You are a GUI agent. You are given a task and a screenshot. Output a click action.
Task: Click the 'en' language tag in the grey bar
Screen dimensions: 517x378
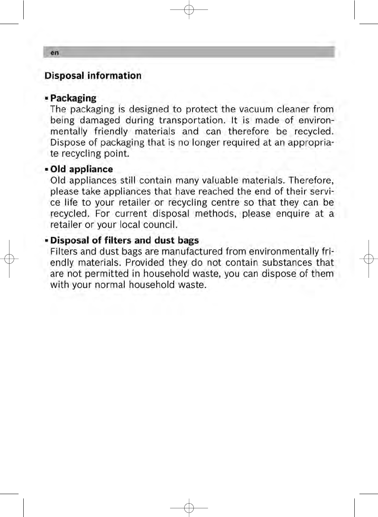click(x=54, y=52)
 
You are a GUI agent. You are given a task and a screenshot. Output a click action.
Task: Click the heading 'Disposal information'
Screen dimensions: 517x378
click(x=93, y=76)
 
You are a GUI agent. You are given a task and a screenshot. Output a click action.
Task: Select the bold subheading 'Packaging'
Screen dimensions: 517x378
click(x=73, y=98)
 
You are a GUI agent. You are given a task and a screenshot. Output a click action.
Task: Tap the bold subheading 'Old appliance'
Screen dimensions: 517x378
click(x=81, y=169)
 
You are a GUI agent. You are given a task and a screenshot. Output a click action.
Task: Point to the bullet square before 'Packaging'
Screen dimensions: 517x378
click(x=47, y=98)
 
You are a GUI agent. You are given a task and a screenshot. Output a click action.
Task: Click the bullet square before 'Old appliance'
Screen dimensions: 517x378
click(x=47, y=170)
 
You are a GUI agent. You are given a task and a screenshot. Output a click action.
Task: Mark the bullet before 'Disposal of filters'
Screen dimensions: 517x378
click(x=47, y=241)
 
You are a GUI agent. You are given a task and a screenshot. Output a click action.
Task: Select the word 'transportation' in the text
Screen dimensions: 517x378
click(x=192, y=120)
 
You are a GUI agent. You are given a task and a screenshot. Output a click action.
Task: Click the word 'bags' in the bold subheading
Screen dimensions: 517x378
click(x=188, y=241)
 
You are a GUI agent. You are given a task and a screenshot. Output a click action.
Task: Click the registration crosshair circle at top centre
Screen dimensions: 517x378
click(x=189, y=9)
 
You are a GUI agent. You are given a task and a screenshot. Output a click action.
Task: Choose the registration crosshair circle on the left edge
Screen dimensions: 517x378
click(x=9, y=259)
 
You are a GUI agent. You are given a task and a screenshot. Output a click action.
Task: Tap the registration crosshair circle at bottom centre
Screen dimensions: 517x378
click(x=189, y=507)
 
